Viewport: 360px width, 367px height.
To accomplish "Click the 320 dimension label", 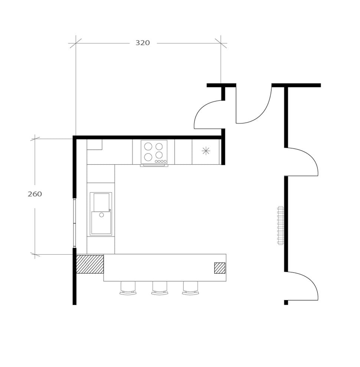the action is click(143, 43).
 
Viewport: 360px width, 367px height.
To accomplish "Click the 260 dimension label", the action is click(35, 194).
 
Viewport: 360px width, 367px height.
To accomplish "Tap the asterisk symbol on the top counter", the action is click(206, 151).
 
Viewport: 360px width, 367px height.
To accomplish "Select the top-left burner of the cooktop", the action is click(148, 146).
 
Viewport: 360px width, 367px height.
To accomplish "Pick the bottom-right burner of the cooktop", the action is click(159, 155).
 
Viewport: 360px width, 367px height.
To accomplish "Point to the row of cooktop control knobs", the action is click(161, 162).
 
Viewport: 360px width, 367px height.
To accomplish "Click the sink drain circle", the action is click(101, 215).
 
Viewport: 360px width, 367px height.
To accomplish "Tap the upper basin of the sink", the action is click(101, 202).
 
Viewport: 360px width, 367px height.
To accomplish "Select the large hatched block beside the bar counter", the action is click(90, 264).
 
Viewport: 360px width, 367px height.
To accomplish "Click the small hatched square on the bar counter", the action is click(220, 268).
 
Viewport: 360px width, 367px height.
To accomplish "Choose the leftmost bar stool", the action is click(128, 288).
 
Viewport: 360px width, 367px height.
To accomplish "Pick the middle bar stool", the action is click(160, 288).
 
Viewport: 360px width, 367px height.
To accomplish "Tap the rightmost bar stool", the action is click(190, 288).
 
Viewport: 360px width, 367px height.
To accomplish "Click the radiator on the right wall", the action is click(281, 225).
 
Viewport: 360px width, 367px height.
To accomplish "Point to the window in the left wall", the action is click(75, 223).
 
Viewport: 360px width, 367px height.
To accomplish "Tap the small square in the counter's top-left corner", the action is click(94, 145).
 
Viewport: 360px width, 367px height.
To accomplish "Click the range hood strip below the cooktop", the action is click(154, 165).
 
